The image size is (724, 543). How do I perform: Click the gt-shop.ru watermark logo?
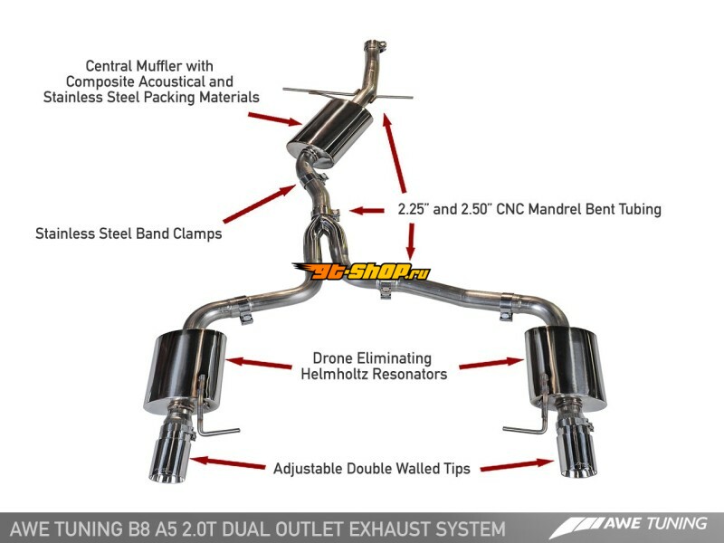[x=361, y=271]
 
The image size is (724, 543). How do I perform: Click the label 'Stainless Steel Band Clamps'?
[x=129, y=233]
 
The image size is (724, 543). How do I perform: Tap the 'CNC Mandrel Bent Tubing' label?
[x=529, y=209]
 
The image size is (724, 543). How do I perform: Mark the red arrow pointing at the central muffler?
[x=275, y=119]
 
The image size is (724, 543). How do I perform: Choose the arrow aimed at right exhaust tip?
[x=517, y=465]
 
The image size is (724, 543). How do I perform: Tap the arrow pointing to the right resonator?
[x=491, y=366]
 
